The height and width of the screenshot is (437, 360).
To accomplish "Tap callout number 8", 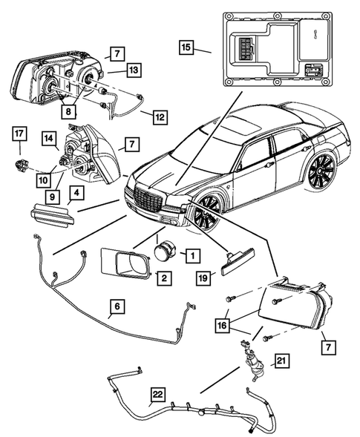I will coord(68,111).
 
